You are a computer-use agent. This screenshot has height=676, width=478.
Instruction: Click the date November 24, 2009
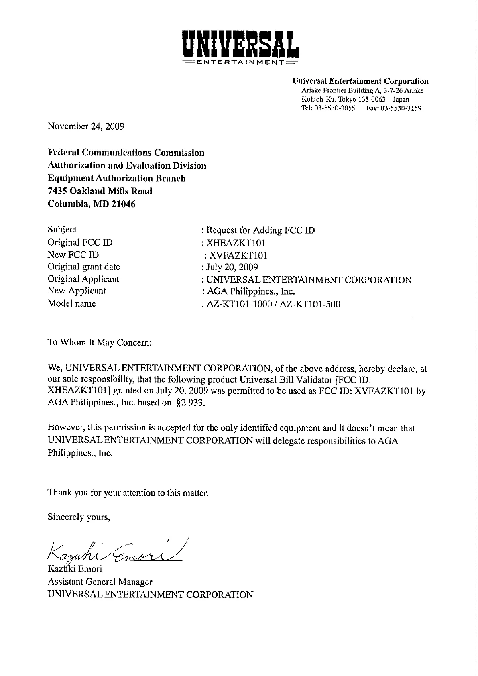(86, 126)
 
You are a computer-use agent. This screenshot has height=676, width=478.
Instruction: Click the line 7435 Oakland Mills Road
(100, 191)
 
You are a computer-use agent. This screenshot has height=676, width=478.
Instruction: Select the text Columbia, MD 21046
(92, 204)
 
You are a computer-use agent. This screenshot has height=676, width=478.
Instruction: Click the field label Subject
(62, 230)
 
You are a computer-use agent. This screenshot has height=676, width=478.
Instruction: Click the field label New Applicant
(77, 291)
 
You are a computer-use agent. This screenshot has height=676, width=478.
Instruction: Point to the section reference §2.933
(191, 403)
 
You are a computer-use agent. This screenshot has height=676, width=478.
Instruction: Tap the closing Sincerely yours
(79, 517)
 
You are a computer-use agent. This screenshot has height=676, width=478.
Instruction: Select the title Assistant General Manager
(100, 582)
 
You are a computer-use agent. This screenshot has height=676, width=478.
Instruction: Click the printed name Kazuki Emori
(75, 569)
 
